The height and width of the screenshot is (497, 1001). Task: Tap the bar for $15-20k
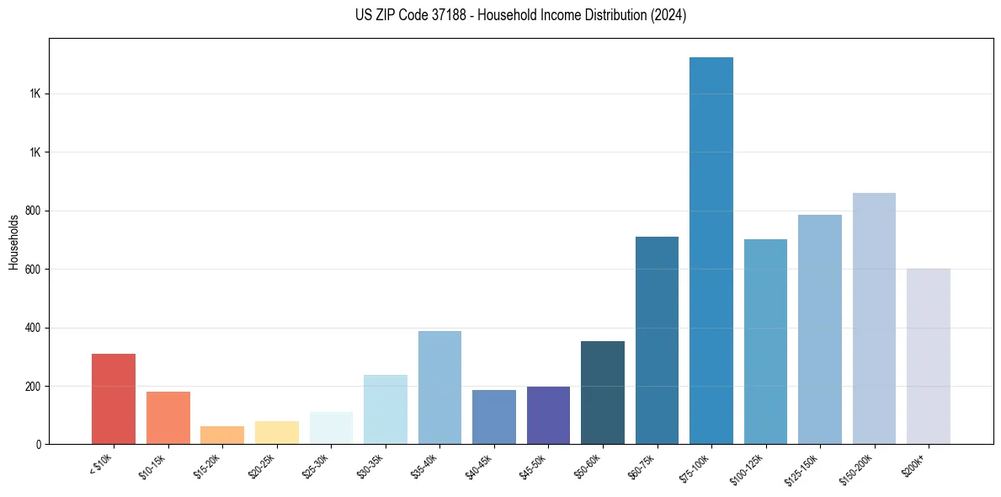pos(222,435)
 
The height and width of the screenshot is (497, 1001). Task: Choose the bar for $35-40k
pos(439,387)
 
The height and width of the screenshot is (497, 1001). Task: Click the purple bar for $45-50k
pos(548,415)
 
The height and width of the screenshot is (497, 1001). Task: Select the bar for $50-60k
pos(603,393)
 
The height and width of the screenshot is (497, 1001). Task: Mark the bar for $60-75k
pos(657,340)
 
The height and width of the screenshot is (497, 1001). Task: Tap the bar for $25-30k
pos(331,428)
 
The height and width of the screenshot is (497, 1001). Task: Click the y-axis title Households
pos(13,242)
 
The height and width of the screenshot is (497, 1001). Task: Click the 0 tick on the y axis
pos(39,444)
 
